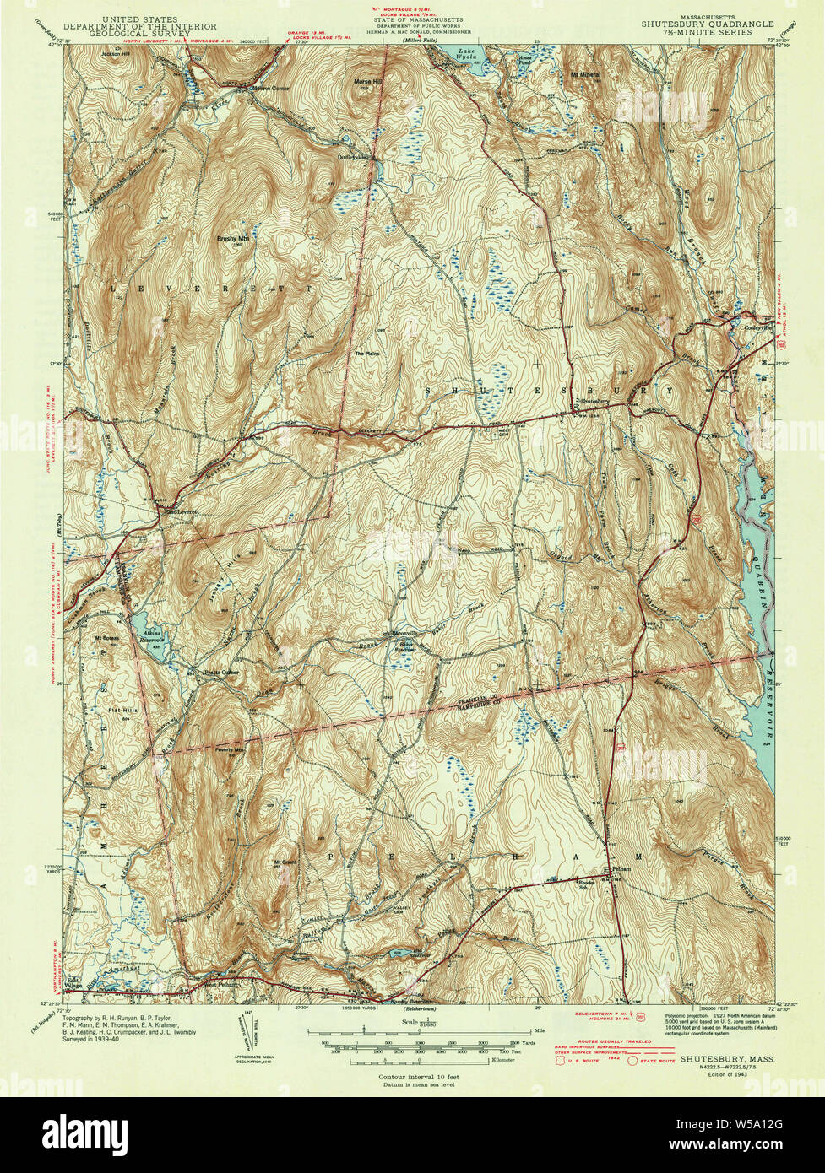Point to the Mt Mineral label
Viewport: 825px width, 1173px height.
click(x=585, y=75)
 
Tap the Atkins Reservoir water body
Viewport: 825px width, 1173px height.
click(x=152, y=633)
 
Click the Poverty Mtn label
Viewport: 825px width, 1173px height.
click(x=229, y=749)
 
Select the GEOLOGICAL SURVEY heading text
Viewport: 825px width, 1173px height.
click(x=159, y=35)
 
